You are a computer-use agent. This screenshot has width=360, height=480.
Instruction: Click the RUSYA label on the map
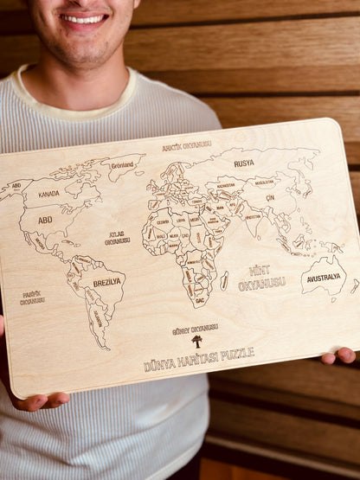[244, 163]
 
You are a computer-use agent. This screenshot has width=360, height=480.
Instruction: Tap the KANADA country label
[48, 194]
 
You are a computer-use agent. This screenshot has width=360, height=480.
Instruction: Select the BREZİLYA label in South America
[107, 282]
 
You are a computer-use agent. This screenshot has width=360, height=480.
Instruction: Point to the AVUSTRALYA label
[325, 278]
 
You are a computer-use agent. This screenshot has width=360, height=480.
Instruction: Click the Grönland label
[122, 164]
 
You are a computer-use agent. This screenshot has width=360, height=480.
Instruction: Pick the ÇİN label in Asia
[269, 198]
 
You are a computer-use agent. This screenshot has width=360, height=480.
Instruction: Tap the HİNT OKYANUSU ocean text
[260, 277]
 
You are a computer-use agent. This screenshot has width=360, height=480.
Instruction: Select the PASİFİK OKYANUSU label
[32, 298]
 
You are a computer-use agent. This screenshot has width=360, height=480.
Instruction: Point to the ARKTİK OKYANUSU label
[186, 145]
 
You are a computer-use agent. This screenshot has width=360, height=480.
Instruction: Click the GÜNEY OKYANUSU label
[195, 329]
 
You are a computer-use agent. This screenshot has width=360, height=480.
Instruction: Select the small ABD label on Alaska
[16, 186]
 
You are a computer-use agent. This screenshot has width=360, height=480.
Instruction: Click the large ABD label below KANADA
[45, 220]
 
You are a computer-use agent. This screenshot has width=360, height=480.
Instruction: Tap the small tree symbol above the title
[196, 342]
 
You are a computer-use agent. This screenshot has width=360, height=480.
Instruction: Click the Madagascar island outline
[224, 281]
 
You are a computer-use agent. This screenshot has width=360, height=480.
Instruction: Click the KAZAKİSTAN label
[226, 185]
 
